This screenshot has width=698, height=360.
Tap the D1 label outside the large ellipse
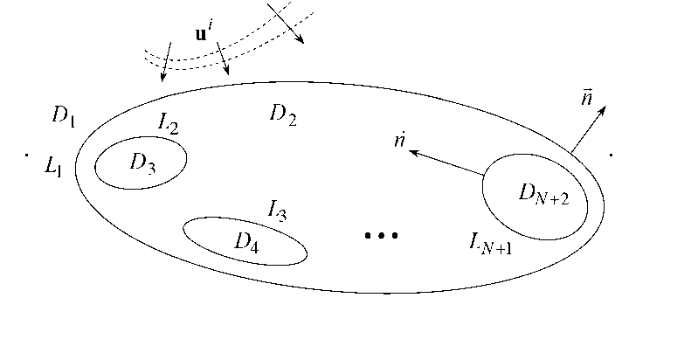(62, 116)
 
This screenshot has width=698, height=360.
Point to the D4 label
(247, 242)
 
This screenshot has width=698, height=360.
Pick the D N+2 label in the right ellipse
(543, 196)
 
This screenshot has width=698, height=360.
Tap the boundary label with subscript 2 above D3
(169, 126)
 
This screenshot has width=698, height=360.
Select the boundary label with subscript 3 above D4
(277, 210)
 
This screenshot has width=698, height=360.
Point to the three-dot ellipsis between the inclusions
(381, 235)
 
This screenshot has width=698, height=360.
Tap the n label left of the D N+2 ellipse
(398, 142)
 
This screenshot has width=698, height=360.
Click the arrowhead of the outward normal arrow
(609, 107)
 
